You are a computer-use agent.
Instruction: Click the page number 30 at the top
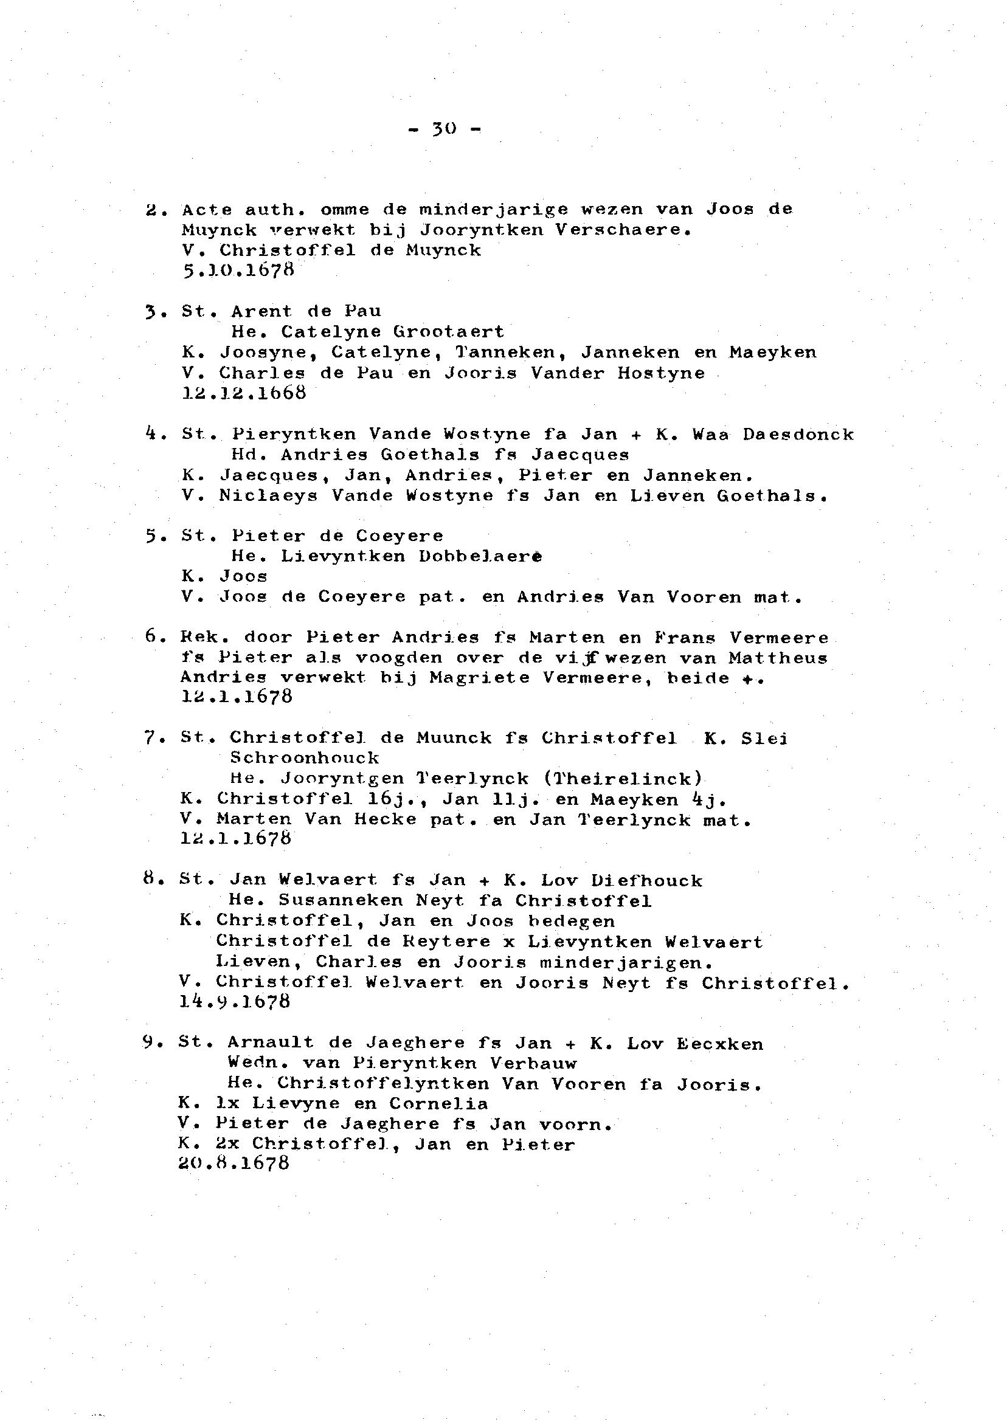pos(444,129)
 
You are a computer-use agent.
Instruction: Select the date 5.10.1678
pos(238,271)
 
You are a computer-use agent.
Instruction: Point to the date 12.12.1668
pos(244,393)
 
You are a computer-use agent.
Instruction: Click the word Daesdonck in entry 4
pos(797,435)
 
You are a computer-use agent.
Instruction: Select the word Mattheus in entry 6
pos(778,658)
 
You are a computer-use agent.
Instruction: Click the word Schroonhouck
pos(304,758)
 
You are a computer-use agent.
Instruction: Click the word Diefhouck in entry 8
pos(646,881)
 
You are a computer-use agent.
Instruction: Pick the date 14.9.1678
pos(234,1002)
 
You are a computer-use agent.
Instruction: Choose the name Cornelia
pos(438,1104)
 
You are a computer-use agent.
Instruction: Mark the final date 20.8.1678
pos(234,1163)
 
